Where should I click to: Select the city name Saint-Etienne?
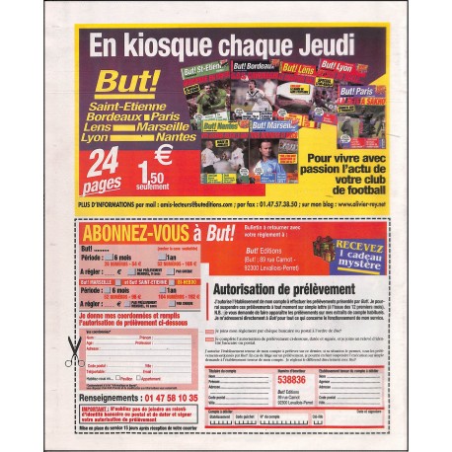click(x=118, y=106)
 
